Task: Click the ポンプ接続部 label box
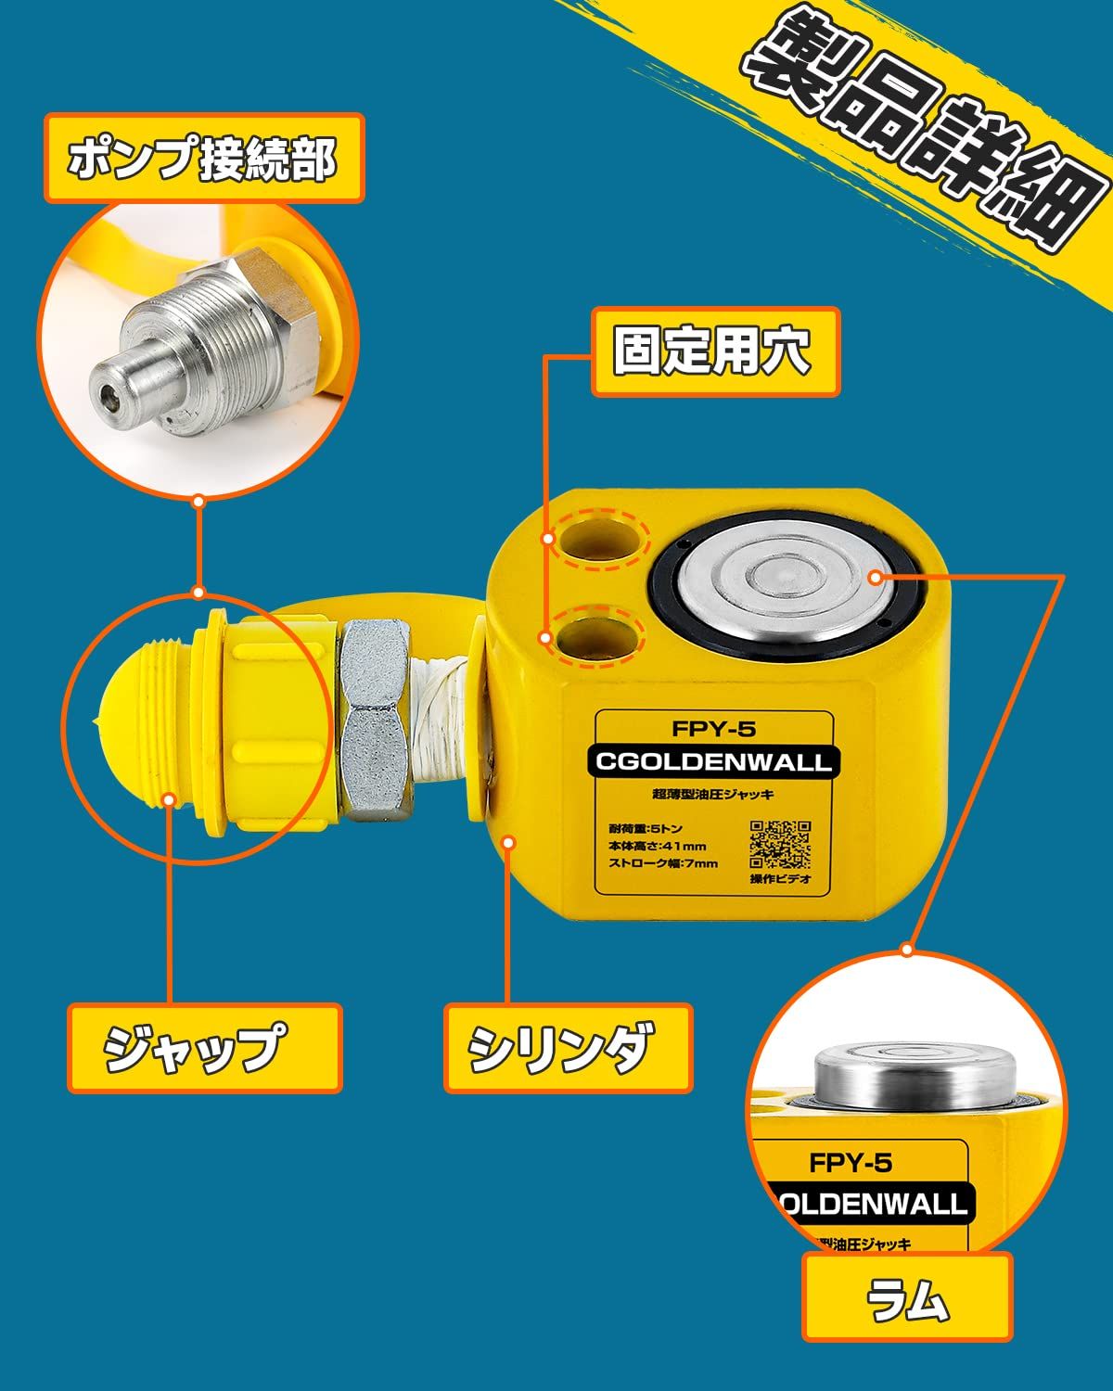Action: [x=204, y=159]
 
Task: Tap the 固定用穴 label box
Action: [x=715, y=352]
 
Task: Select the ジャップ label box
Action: [x=204, y=1048]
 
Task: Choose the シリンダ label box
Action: [x=568, y=1048]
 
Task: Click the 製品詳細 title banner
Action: [x=918, y=130]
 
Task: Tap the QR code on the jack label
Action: [x=780, y=845]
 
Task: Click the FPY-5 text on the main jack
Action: [x=713, y=730]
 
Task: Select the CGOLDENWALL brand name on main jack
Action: [x=713, y=763]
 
